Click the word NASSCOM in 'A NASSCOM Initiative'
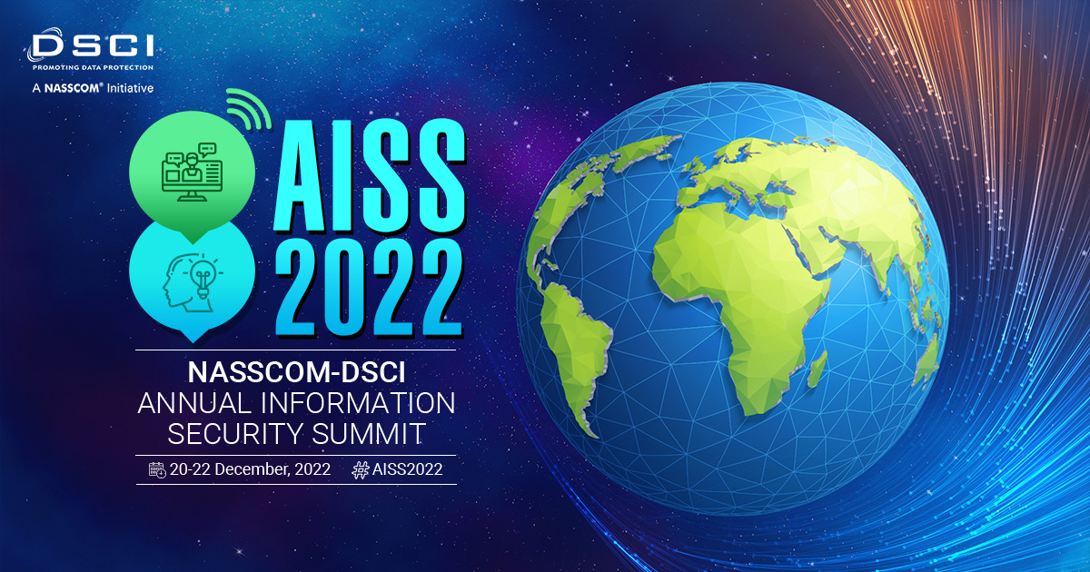click(71, 88)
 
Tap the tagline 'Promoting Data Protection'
click(93, 67)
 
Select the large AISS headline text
click(370, 175)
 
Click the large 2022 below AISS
click(370, 288)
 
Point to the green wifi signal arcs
click(249, 109)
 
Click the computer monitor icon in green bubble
click(193, 172)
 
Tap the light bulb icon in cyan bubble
click(203, 276)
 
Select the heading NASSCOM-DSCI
click(296, 372)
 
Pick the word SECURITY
click(236, 433)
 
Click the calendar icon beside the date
click(157, 470)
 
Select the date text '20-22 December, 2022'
click(250, 469)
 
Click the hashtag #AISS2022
click(397, 470)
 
